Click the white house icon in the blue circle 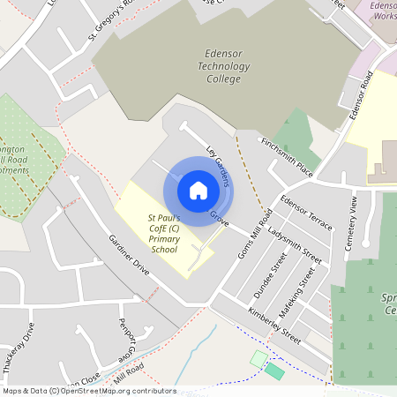(x=198, y=191)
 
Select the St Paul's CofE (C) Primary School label (x=164, y=232)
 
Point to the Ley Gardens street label (x=218, y=165)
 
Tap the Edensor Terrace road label (x=306, y=213)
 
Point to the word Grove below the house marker (x=220, y=218)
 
